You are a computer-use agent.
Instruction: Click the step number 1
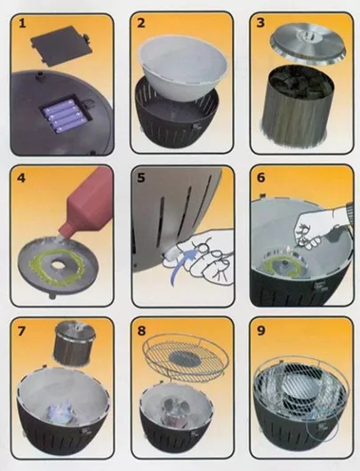click(22, 23)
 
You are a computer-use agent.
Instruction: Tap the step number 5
click(141, 178)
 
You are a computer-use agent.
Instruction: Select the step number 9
click(261, 331)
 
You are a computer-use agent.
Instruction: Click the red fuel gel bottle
click(87, 212)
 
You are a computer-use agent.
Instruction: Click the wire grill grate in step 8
click(185, 358)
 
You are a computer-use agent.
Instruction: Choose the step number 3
click(260, 23)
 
